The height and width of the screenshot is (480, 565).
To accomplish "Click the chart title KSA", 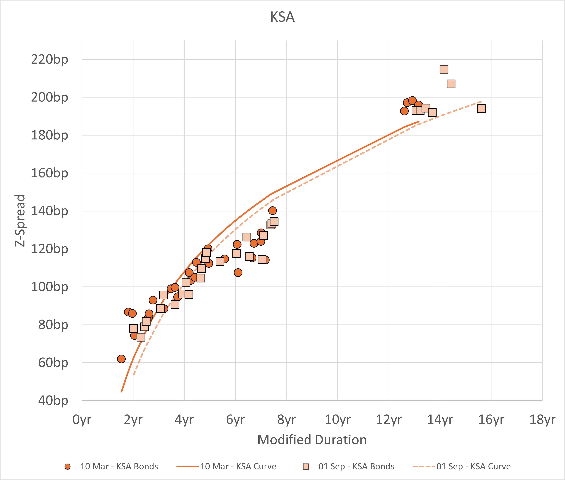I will point(282,17).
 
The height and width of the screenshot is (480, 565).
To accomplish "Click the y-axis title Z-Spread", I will point(20,220).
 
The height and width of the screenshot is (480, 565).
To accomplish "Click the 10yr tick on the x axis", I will point(338,420).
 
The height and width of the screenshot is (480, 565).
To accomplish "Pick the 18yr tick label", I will point(542,420).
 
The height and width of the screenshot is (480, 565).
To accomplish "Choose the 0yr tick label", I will point(82,420).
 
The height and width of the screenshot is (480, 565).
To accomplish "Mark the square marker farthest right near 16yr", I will point(481,109).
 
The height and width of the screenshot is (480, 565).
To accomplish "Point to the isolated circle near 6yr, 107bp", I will point(238,272).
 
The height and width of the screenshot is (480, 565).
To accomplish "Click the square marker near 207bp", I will point(451,84).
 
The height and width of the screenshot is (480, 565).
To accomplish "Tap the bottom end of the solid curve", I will point(122,392).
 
